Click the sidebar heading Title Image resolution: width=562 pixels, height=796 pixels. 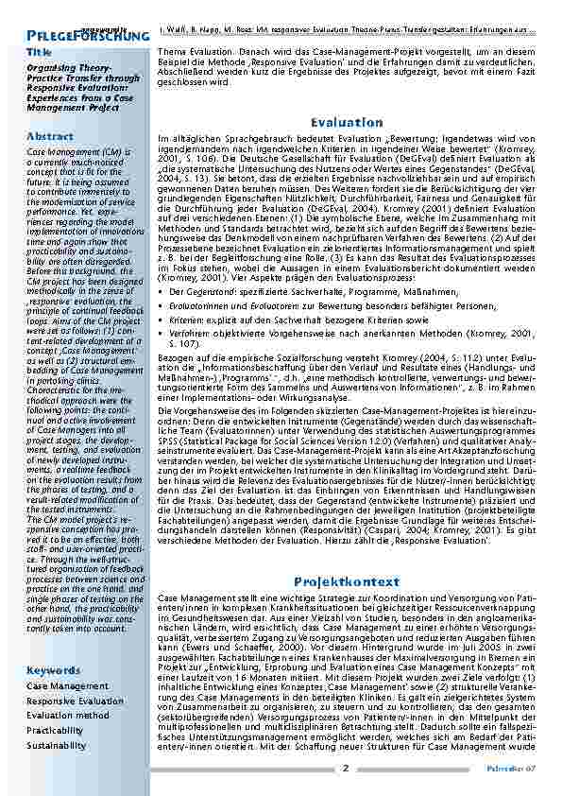click(x=39, y=52)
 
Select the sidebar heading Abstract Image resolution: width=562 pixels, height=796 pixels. click(x=50, y=136)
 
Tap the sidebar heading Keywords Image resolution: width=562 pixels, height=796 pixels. click(x=54, y=669)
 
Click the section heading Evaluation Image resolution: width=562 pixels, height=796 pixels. click(x=346, y=123)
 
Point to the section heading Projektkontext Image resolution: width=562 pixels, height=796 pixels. click(x=346, y=581)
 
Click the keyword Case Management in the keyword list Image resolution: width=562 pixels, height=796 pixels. click(x=67, y=685)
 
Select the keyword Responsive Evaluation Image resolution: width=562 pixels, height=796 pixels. click(x=75, y=701)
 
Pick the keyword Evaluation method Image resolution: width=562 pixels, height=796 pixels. click(x=68, y=716)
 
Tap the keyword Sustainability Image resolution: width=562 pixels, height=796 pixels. click(x=57, y=746)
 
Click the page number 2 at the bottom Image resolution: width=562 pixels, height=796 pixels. click(x=346, y=768)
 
